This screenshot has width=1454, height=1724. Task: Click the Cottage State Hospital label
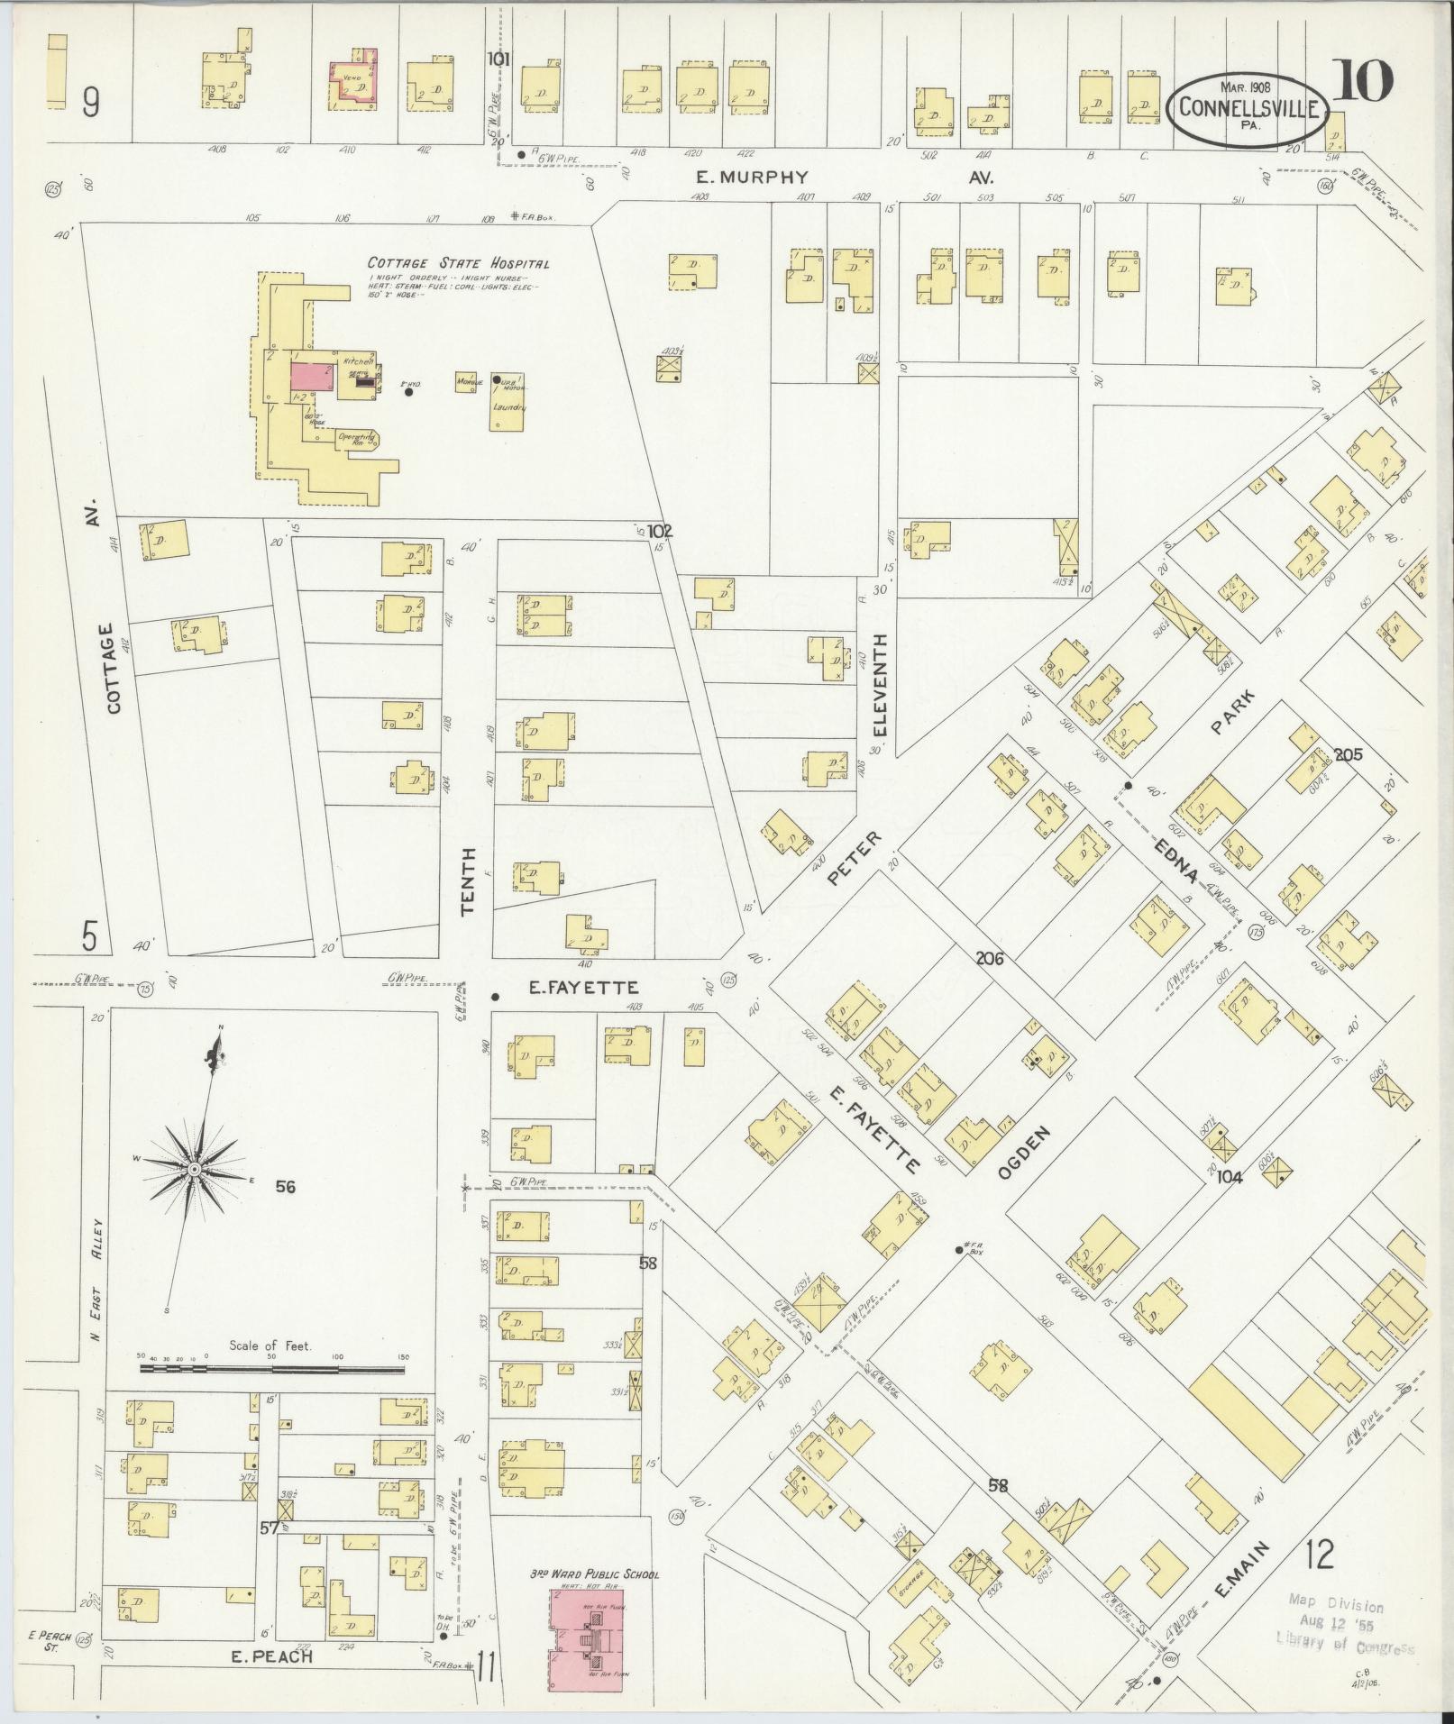[458, 263]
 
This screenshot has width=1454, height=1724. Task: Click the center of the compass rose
[193, 1168]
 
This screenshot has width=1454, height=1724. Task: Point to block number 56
[286, 1187]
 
